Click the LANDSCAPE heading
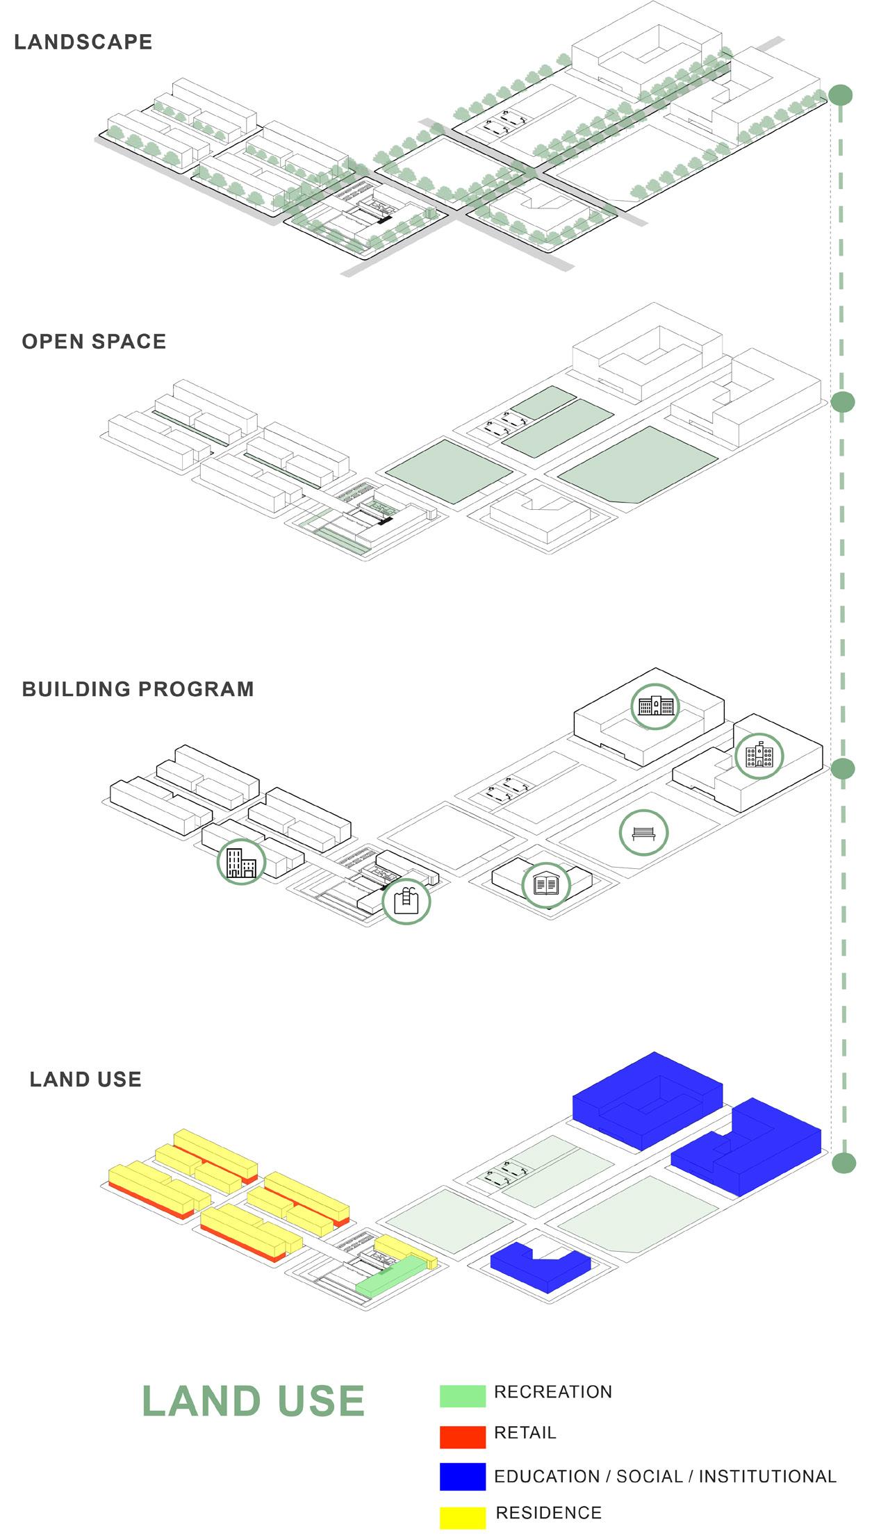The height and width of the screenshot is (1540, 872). pyautogui.click(x=83, y=42)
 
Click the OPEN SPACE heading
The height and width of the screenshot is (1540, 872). pyautogui.click(x=94, y=341)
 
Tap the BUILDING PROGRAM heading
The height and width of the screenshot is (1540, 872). pyautogui.click(x=138, y=689)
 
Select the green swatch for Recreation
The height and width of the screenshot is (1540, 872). pyautogui.click(x=462, y=1396)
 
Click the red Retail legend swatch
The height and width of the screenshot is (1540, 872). pyautogui.click(x=462, y=1436)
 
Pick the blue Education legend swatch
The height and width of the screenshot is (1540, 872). pyautogui.click(x=462, y=1477)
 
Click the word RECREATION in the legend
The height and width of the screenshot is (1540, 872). pyautogui.click(x=553, y=1392)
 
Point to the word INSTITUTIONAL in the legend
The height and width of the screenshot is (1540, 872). pyautogui.click(x=767, y=1477)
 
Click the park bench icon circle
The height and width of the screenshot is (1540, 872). pyautogui.click(x=644, y=832)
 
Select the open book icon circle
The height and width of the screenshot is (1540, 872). pyautogui.click(x=546, y=885)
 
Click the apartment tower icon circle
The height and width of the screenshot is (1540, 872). pyautogui.click(x=241, y=861)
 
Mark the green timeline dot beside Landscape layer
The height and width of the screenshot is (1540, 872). pyautogui.click(x=840, y=95)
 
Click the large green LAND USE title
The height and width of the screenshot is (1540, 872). pyautogui.click(x=254, y=1401)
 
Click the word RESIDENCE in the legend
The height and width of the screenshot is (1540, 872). pyautogui.click(x=549, y=1513)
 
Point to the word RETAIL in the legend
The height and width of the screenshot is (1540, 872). pyautogui.click(x=525, y=1432)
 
